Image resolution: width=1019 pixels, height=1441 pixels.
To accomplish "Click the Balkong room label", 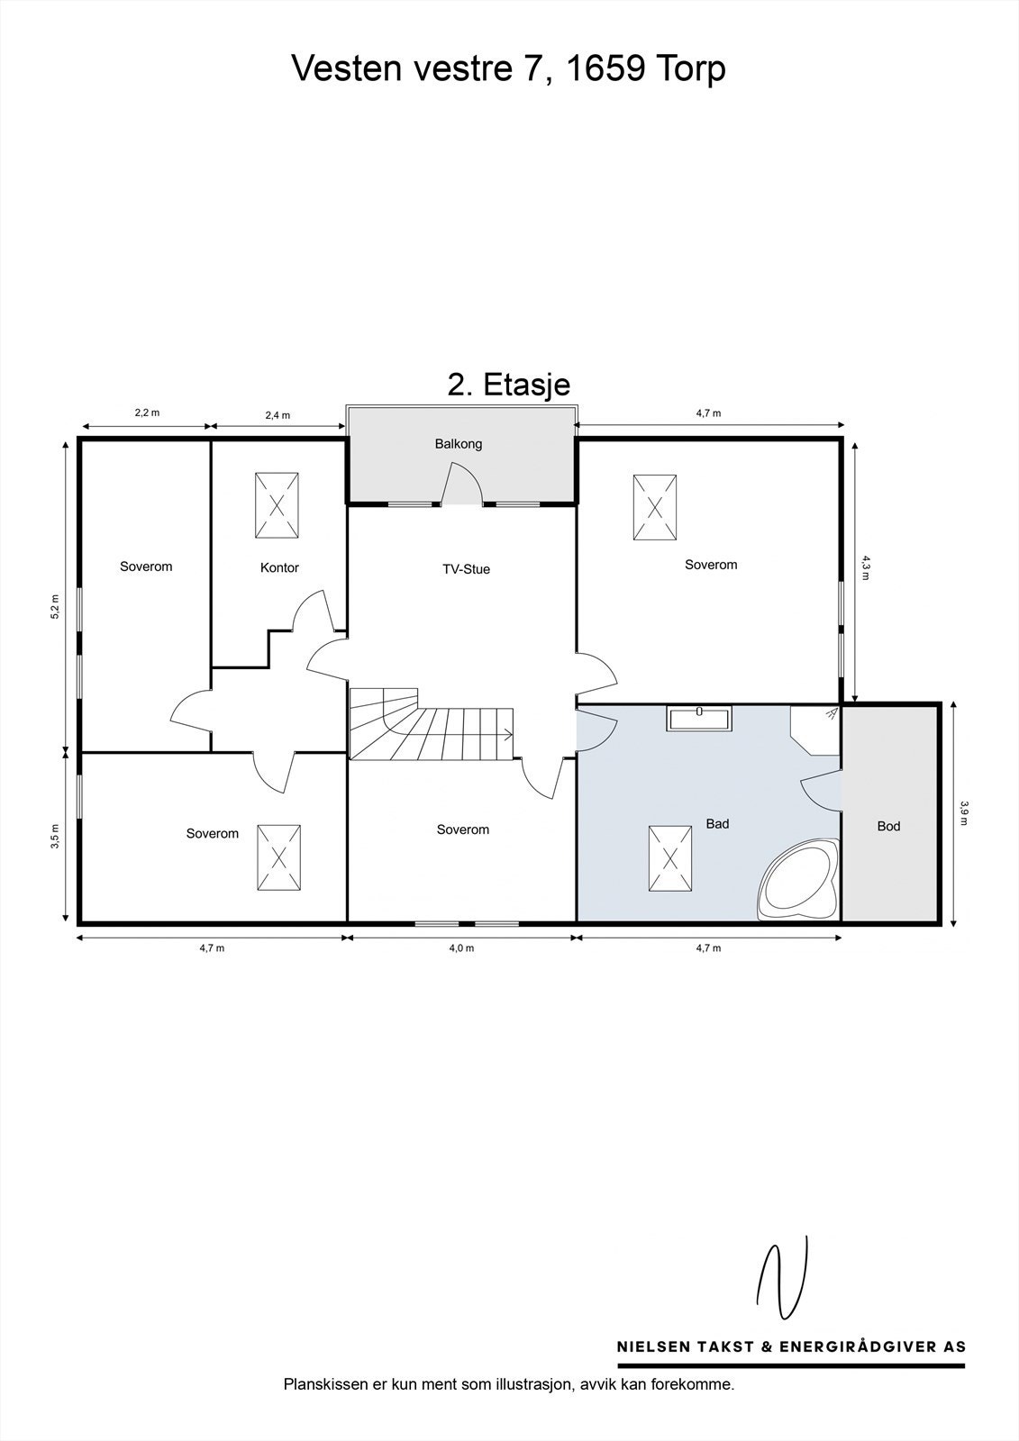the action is click(459, 444).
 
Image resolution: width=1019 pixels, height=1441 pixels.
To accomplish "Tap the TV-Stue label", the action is click(466, 569).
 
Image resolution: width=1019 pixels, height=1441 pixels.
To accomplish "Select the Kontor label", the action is click(279, 567).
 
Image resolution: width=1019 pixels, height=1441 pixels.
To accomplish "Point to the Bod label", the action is click(888, 826).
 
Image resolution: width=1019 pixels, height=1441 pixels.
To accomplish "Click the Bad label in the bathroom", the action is click(717, 823).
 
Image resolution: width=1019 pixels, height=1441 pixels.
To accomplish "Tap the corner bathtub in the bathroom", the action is click(799, 879).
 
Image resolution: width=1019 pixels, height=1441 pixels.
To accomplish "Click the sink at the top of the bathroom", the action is click(699, 719).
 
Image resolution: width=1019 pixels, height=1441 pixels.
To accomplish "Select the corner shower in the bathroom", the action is click(815, 730).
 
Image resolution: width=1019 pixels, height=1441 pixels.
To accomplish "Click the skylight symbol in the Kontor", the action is click(277, 505).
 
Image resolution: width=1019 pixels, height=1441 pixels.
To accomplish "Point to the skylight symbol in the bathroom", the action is click(670, 858).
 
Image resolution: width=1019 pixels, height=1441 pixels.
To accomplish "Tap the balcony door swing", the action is click(461, 484).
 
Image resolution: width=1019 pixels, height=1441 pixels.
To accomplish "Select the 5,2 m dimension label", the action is click(55, 606).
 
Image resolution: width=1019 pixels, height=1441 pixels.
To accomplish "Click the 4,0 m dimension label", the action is click(461, 947).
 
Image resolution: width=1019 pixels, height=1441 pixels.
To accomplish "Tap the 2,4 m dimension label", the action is click(277, 415).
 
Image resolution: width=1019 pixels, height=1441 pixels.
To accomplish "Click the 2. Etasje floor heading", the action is click(508, 385).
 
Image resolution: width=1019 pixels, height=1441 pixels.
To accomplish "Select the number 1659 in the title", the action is click(605, 68).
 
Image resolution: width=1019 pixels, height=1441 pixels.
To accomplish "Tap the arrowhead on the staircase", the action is click(508, 734).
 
